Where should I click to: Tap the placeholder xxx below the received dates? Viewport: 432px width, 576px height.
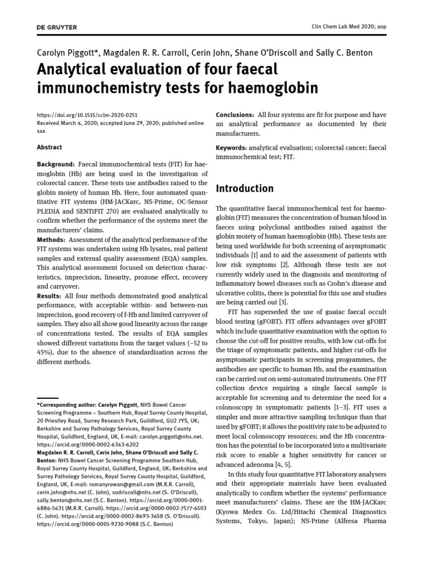40,130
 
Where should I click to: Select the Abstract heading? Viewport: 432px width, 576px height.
49,147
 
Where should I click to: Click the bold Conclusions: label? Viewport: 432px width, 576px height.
235,115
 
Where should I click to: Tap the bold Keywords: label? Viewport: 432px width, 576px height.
232,147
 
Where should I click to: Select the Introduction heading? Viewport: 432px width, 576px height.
245,188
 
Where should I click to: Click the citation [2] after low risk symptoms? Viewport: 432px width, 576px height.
284,264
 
